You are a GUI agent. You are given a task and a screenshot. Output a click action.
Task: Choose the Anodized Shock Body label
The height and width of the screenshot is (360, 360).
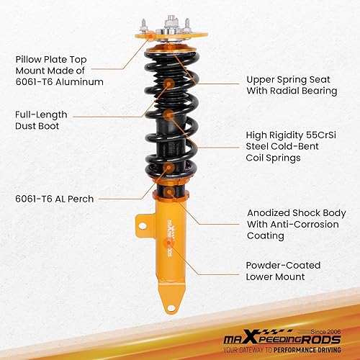click(x=294, y=225)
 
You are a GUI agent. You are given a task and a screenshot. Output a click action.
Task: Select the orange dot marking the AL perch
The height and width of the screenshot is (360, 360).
click(x=168, y=168)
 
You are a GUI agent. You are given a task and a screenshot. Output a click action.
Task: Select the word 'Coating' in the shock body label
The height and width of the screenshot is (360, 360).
click(x=267, y=236)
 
